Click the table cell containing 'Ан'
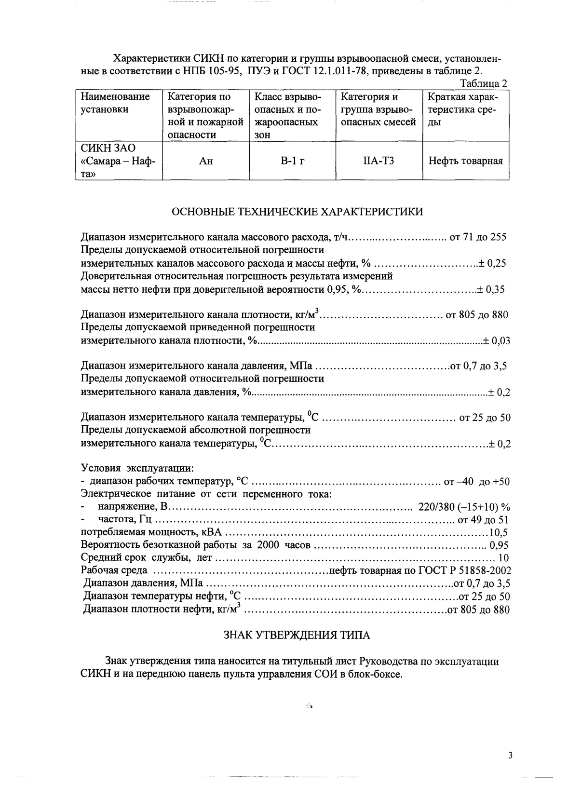(206, 161)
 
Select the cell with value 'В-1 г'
(293, 161)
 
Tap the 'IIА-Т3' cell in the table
(379, 161)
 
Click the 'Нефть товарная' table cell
(466, 161)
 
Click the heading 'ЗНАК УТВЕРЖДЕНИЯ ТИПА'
(297, 635)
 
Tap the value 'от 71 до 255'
(477, 237)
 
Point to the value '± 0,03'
(497, 341)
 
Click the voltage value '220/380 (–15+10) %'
(464, 507)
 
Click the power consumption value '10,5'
(499, 533)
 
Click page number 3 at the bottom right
(510, 756)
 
